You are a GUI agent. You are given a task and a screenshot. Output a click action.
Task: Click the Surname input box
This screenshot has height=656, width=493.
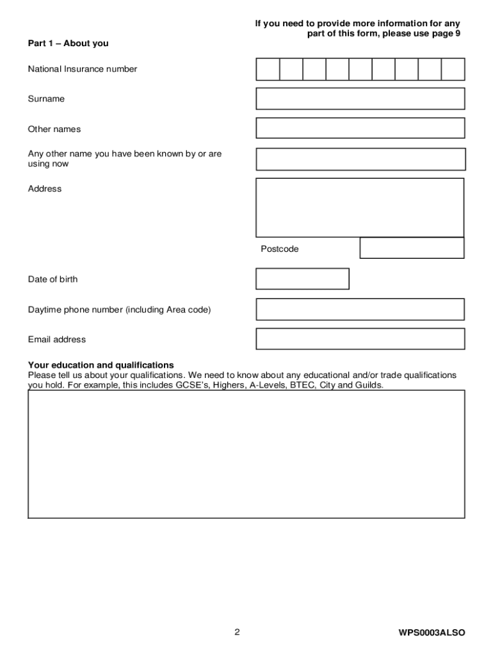tap(360, 99)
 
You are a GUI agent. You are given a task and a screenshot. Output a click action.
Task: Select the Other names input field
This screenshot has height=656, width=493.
tap(360, 128)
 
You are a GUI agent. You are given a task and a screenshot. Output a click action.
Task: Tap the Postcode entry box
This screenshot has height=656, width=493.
tap(412, 248)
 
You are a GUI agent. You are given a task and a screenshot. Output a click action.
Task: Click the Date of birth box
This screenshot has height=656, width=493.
tap(302, 279)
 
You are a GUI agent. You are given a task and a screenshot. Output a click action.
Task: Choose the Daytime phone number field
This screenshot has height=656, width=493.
tap(360, 309)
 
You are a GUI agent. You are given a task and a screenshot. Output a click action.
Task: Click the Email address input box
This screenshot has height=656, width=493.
tap(360, 339)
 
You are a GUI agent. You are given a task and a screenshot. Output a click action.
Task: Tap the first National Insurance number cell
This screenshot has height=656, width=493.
tap(268, 69)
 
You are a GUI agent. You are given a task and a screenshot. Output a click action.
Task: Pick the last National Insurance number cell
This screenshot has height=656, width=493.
tap(453, 69)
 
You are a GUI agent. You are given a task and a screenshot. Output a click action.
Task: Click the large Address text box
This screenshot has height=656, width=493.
tap(360, 208)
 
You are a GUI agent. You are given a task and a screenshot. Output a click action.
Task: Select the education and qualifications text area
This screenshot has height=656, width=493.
tap(247, 454)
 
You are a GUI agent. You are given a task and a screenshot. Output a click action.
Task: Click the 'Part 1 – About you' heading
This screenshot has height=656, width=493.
tap(68, 44)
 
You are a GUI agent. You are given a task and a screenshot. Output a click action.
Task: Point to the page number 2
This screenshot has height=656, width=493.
tap(237, 632)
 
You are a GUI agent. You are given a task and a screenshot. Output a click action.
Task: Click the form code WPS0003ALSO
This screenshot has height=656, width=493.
tap(432, 633)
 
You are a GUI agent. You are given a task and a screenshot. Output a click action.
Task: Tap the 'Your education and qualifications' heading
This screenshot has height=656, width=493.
tap(101, 365)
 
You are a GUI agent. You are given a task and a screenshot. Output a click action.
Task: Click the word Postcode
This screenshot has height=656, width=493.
tap(279, 249)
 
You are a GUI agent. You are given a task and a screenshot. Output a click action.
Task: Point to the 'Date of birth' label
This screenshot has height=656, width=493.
tap(53, 279)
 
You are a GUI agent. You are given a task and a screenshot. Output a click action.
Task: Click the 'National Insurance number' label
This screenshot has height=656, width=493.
tap(82, 69)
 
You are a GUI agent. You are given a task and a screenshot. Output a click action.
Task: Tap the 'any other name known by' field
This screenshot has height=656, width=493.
tap(360, 159)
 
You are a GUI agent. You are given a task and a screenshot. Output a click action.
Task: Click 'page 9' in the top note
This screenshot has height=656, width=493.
tap(444, 33)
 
